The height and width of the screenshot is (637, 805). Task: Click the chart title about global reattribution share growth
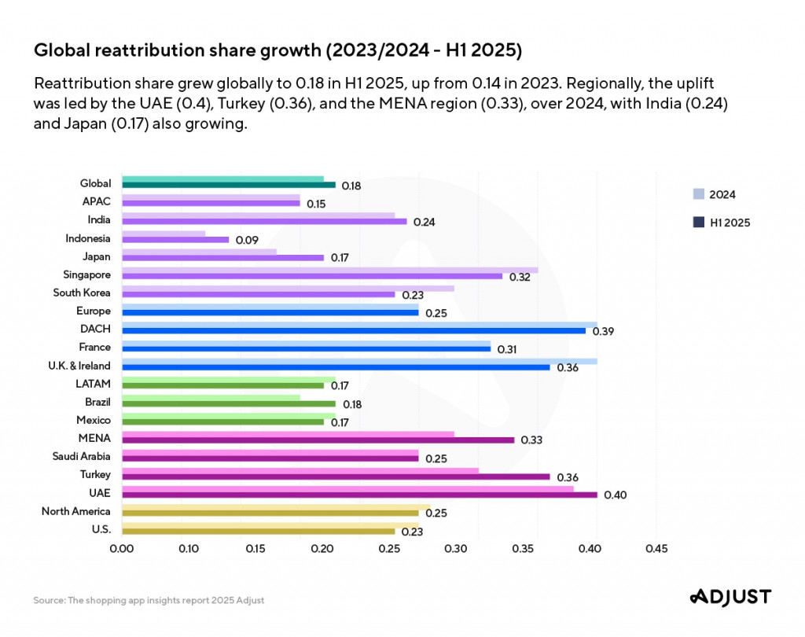pos(278,51)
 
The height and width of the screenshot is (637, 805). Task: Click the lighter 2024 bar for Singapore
pos(330,270)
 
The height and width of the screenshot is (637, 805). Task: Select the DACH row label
pos(96,329)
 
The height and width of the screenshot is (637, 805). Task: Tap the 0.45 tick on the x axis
pos(656,548)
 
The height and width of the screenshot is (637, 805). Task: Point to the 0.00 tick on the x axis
pos(122,548)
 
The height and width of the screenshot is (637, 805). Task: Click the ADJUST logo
pos(730,597)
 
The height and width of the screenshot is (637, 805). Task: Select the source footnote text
pos(149,600)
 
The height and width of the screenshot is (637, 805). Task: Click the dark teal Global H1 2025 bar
pos(229,186)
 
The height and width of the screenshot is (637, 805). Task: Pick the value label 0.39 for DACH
pos(603,332)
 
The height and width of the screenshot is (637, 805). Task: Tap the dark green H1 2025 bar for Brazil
pos(229,404)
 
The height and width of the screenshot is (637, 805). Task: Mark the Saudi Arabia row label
pos(82,456)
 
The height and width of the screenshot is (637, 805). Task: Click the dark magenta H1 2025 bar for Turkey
pos(336,477)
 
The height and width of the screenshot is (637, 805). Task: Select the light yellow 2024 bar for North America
pos(276,507)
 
